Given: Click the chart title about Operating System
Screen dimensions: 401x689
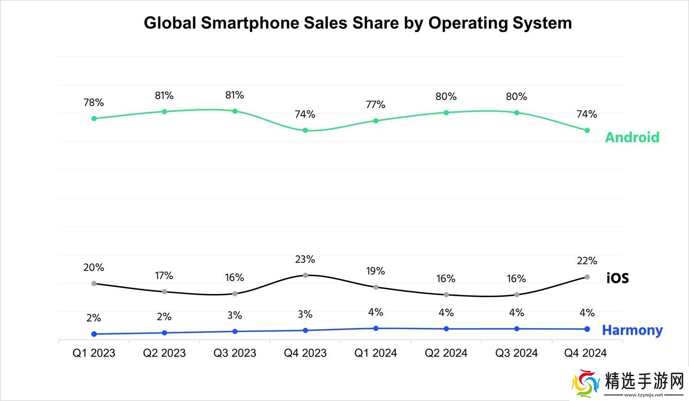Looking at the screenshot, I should [x=357, y=22].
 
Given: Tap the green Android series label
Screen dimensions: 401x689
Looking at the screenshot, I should [x=632, y=137].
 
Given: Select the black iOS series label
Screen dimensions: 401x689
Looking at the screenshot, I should [x=617, y=278].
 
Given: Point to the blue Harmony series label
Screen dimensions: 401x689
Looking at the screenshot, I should [x=632, y=330].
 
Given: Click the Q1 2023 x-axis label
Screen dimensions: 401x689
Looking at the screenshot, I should [x=94, y=353].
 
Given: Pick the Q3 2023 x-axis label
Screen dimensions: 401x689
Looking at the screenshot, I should [x=234, y=353].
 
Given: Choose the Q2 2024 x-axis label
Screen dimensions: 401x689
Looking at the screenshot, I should [x=446, y=353].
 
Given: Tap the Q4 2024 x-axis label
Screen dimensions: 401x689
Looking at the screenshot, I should [x=585, y=353].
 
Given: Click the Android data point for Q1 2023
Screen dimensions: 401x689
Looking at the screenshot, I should [x=94, y=119].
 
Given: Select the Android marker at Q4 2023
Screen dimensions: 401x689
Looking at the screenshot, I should [x=305, y=130].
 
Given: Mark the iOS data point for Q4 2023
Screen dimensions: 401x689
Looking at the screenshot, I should [x=305, y=275].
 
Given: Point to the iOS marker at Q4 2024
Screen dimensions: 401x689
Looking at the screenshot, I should [x=587, y=277].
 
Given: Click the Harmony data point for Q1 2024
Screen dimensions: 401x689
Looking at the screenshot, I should [x=376, y=328].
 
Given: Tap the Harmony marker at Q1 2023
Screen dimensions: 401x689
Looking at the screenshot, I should [x=94, y=334].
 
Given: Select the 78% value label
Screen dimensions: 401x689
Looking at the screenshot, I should [x=94, y=102].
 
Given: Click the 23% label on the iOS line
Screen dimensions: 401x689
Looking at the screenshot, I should [x=305, y=259].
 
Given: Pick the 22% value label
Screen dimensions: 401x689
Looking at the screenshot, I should [x=587, y=260].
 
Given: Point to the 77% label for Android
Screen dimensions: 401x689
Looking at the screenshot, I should [x=376, y=104].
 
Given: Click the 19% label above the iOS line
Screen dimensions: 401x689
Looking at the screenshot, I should [x=376, y=271].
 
